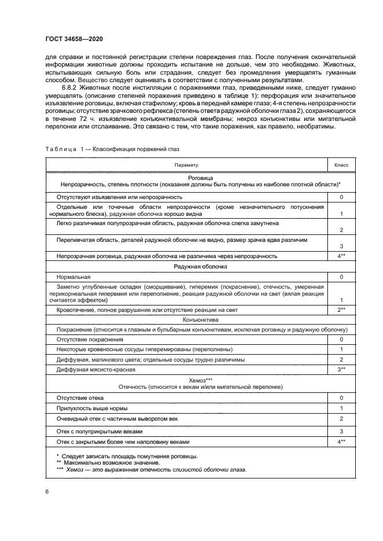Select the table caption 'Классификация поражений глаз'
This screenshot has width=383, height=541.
click(133, 149)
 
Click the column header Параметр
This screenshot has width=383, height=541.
click(186, 165)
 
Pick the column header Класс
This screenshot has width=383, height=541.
click(341, 165)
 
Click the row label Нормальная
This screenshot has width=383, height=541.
click(74, 277)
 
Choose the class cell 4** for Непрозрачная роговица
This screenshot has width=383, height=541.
click(341, 256)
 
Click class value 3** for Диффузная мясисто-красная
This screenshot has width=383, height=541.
click(341, 369)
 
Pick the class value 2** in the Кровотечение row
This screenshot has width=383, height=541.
click(341, 310)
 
